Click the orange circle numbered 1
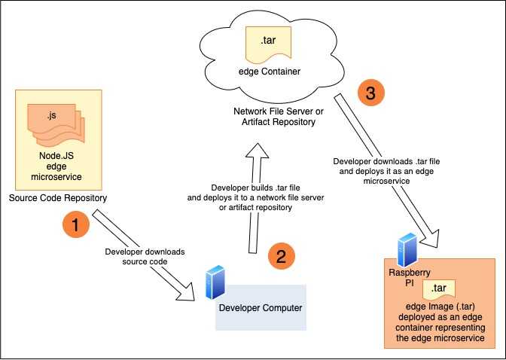coord(76,224)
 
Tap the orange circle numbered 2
coord(282,256)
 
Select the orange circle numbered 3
coord(371,93)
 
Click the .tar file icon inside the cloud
coord(268,44)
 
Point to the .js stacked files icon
coord(56,124)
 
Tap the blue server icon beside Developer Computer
coord(215,282)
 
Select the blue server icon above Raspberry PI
coord(407,250)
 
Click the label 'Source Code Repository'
coord(58,198)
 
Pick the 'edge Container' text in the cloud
coord(270,72)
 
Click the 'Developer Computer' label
coord(261,308)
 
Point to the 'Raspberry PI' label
coord(410,278)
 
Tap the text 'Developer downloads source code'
coord(145,256)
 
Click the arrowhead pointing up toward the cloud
coord(258,151)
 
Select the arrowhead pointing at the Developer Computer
coord(187,292)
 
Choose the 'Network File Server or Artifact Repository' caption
coord(279,117)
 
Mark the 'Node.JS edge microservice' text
coord(56,166)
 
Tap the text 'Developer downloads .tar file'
coord(386,161)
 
